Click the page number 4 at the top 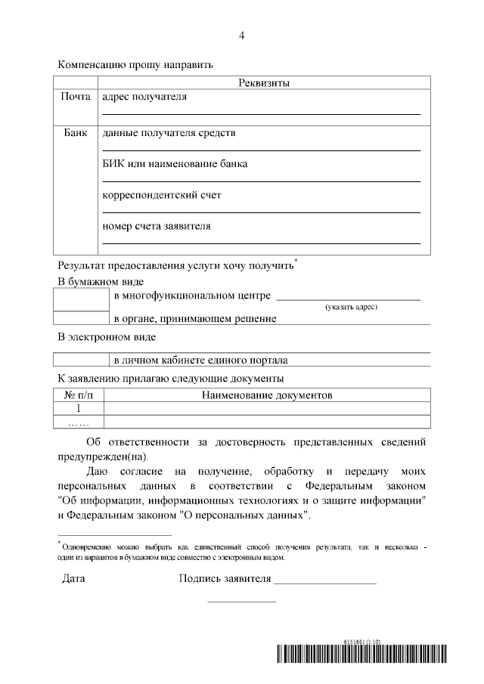click(x=241, y=36)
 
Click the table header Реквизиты click(x=264, y=82)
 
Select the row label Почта click(x=76, y=97)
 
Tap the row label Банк click(x=76, y=133)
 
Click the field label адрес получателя click(x=144, y=97)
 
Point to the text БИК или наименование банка click(x=175, y=163)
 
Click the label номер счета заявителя click(x=157, y=225)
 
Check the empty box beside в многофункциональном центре click(x=82, y=299)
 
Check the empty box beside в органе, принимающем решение click(x=82, y=318)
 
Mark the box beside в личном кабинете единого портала click(x=82, y=360)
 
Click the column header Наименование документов click(x=267, y=395)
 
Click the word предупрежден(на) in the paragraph click(x=103, y=456)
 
